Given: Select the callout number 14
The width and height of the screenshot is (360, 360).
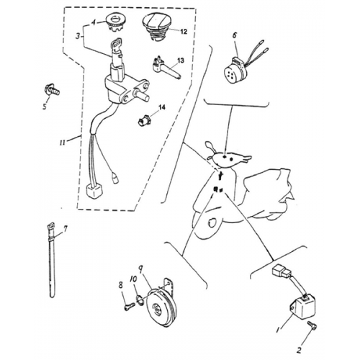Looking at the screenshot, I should pyautogui.click(x=162, y=107).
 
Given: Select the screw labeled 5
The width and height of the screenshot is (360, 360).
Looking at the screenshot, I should pyautogui.click(x=53, y=91).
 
